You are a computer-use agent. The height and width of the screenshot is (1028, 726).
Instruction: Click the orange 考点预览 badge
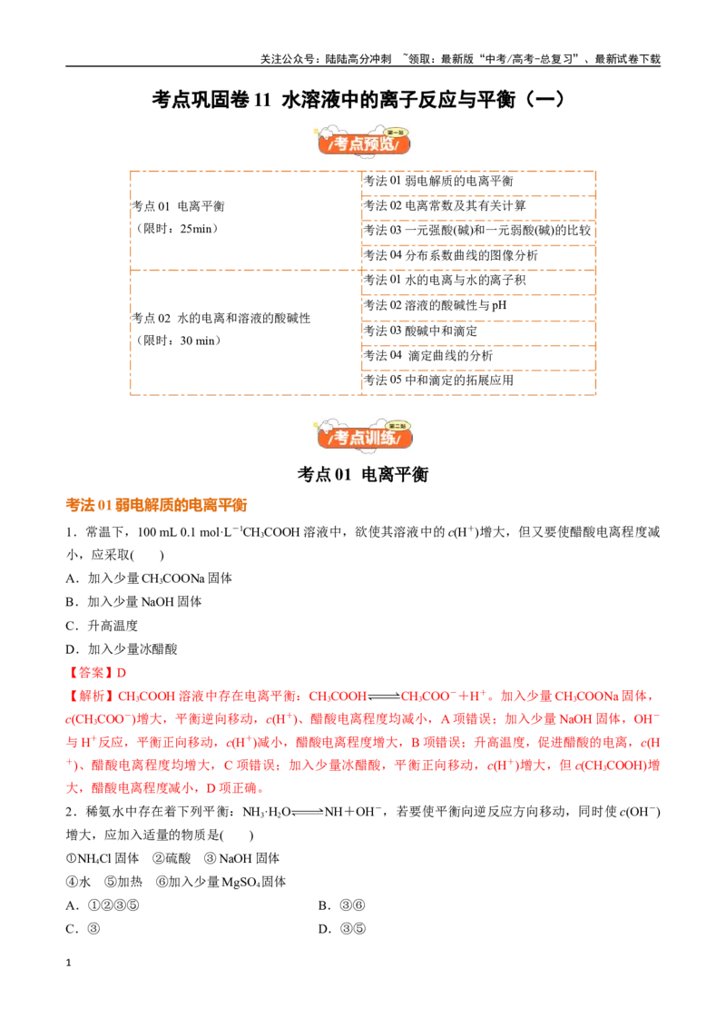tap(364, 141)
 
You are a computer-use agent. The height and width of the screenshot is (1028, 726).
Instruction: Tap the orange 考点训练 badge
tap(364, 435)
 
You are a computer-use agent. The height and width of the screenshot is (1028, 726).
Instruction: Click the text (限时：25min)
tap(177, 229)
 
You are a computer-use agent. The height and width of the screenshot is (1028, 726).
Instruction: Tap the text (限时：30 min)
tap(178, 341)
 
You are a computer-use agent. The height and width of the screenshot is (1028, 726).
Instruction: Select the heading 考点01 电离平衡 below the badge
tap(363, 474)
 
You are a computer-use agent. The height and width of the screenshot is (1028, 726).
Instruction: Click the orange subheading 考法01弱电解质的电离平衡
tap(157, 505)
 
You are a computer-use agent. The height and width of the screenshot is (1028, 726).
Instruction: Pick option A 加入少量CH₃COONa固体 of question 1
tap(149, 578)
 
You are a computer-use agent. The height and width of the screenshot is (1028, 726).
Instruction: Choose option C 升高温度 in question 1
tap(102, 626)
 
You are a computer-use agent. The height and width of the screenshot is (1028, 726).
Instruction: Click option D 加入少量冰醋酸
tap(122, 649)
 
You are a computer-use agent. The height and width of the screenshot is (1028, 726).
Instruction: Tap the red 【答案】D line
tap(96, 673)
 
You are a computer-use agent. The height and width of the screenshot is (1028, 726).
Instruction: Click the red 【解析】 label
tap(91, 697)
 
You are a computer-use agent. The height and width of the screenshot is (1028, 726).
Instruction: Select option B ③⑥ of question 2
tap(341, 905)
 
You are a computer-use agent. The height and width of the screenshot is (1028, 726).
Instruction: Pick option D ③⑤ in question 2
tap(342, 929)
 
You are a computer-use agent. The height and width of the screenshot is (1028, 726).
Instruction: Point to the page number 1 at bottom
tap(68, 964)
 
